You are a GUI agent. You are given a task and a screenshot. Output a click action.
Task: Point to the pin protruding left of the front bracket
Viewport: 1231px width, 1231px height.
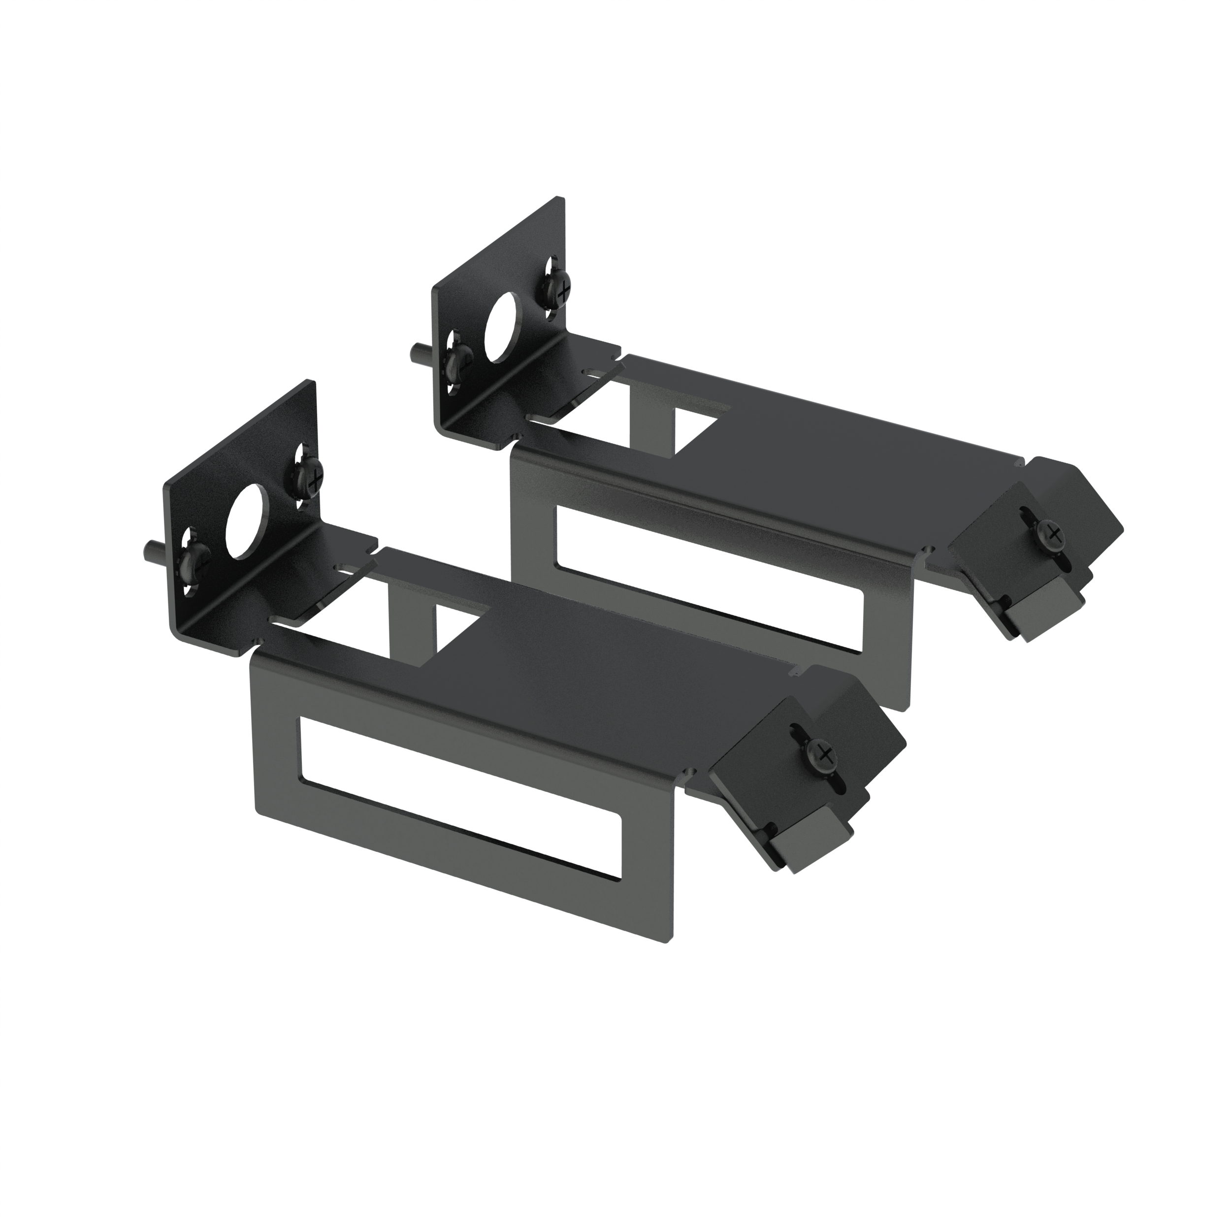[x=151, y=549]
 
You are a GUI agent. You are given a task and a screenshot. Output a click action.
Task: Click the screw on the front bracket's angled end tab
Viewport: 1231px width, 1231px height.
[x=824, y=754]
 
